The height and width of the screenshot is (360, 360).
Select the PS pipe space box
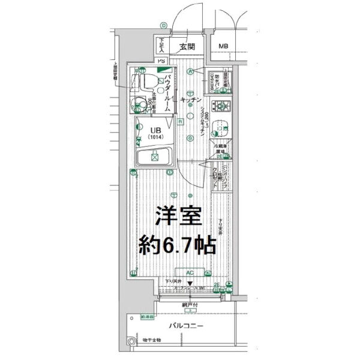pos(161,61)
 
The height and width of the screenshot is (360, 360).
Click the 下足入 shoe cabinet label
pos(161,44)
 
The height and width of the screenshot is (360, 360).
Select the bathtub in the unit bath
pos(154,158)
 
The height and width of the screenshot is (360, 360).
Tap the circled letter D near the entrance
pos(163,25)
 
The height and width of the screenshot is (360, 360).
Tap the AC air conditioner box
pos(189,273)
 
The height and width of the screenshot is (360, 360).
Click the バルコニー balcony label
pos(187,325)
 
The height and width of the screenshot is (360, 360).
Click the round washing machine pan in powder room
pos(142,104)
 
